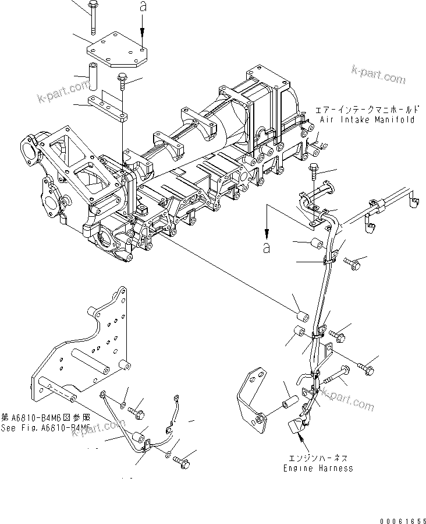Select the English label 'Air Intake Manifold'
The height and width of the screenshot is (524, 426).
coord(367,119)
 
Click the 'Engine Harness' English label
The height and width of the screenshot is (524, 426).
coord(318,468)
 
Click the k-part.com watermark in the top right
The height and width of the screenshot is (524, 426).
coord(378,75)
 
